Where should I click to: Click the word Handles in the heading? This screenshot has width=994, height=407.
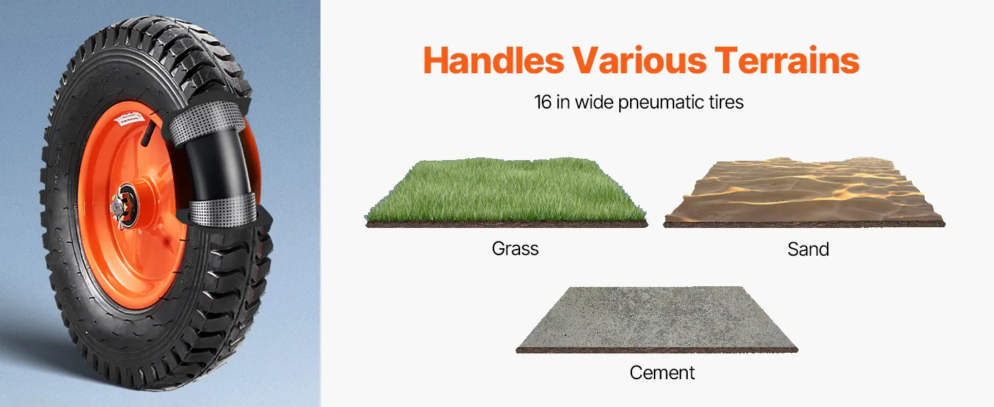pos(494,60)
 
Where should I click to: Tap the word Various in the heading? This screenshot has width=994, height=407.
pos(640,60)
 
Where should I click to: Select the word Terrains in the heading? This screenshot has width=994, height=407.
pos(787,60)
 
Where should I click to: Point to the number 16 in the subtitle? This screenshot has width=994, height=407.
pos(542,102)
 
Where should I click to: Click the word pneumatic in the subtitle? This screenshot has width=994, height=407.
pos(662,103)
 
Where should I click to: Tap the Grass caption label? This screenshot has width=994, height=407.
pos(515,249)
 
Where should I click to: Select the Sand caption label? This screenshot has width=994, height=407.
pos(808,249)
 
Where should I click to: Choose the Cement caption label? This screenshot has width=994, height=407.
pos(662,373)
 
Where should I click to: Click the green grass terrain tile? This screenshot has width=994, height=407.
pos(506,192)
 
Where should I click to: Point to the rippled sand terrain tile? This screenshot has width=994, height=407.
pos(804,192)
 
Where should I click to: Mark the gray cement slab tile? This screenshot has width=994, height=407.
pos(657,319)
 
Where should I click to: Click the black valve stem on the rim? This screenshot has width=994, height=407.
pos(148,132)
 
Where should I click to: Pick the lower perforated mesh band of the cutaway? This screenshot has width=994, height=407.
pos(222,210)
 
